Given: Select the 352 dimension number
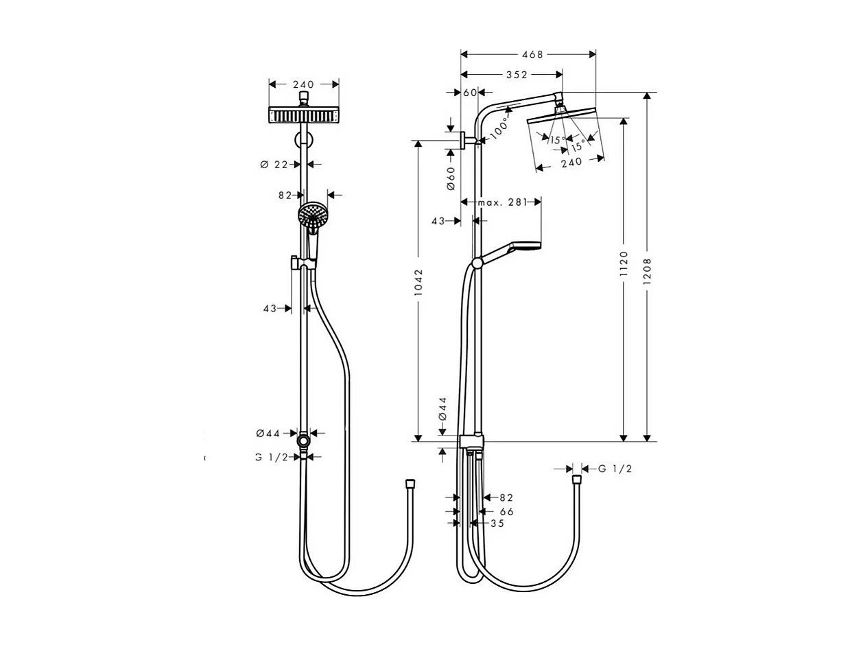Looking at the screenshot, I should click(x=517, y=75).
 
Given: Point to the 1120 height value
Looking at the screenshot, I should click(x=624, y=263).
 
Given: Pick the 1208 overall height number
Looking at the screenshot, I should click(x=647, y=270).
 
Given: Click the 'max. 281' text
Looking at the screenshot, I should click(x=501, y=202).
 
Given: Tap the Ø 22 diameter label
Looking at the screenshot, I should click(x=274, y=165).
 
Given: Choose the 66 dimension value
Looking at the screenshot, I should click(x=506, y=511).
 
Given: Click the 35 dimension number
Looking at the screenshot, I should click(x=497, y=523).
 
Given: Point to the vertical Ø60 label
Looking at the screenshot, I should click(x=451, y=178).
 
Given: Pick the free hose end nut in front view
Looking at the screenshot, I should click(x=410, y=485).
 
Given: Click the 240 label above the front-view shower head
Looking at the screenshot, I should click(x=303, y=85).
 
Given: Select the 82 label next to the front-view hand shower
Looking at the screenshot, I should click(x=285, y=196).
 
